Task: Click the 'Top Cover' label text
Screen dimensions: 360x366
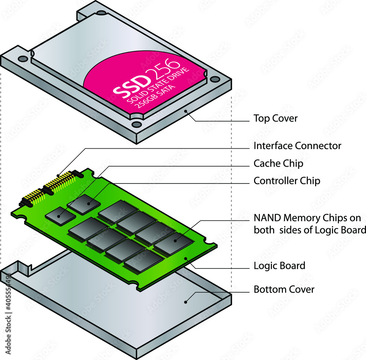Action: click(275, 118)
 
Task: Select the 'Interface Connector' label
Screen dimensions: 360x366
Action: click(297, 146)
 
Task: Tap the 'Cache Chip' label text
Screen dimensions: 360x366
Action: click(278, 163)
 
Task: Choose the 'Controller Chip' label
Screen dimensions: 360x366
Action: click(287, 181)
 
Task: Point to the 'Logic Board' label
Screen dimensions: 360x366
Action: click(279, 266)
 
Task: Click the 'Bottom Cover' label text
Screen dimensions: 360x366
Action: click(284, 289)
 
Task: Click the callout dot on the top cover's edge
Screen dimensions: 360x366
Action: click(186, 110)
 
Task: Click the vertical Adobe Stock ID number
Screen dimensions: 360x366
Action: click(8, 297)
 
